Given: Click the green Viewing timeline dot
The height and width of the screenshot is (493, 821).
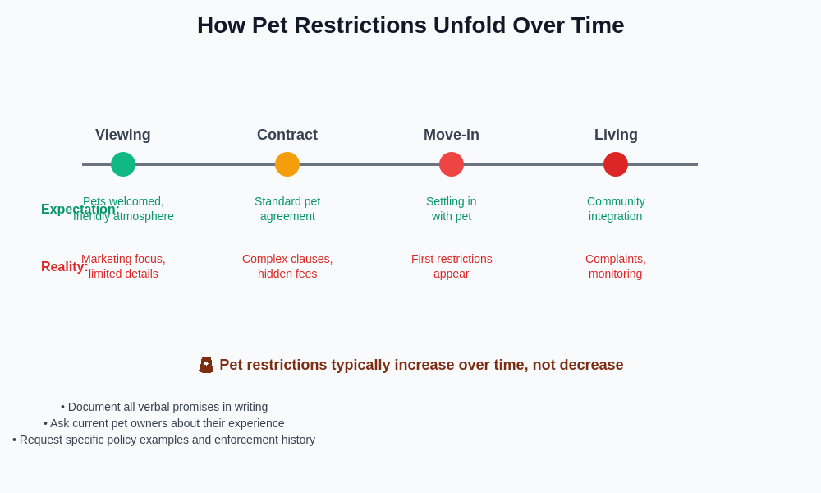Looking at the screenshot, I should (123, 164).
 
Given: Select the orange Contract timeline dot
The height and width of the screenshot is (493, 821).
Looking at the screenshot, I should (287, 164).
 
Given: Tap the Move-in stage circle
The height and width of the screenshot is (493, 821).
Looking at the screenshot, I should (452, 164).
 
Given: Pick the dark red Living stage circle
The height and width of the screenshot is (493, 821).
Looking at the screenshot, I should (616, 164).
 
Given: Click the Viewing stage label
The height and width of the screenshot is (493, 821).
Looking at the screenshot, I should (123, 135).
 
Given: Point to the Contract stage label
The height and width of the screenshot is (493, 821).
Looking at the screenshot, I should (287, 135).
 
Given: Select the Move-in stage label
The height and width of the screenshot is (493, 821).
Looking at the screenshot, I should (452, 135).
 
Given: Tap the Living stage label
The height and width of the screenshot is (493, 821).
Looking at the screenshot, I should (616, 135).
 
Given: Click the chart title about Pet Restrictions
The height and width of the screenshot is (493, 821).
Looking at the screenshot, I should (410, 25).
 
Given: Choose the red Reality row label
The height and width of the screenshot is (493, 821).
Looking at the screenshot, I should (64, 266).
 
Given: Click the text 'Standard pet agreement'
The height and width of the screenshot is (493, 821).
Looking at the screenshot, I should (287, 209).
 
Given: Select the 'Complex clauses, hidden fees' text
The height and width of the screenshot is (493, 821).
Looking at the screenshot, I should (287, 266).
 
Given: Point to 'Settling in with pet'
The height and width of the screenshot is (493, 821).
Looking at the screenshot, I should (452, 209).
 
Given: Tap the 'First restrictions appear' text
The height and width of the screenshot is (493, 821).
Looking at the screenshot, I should (452, 266).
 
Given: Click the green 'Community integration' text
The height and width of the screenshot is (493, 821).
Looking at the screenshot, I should (616, 209).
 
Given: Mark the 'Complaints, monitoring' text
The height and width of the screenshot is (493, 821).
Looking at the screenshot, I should (616, 266).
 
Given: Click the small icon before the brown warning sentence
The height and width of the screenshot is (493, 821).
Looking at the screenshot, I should (206, 365).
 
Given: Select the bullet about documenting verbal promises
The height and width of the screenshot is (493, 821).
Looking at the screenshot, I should (164, 407).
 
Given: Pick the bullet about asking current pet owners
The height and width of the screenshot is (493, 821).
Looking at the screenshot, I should (164, 423).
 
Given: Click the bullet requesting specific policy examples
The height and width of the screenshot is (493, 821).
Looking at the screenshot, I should (164, 440).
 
